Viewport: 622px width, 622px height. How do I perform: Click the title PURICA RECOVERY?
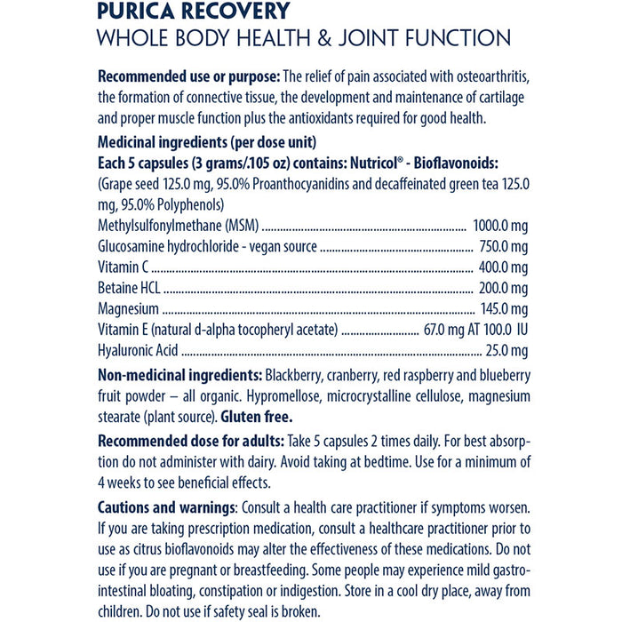[194, 12]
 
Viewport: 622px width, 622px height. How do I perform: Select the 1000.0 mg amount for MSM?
[500, 227]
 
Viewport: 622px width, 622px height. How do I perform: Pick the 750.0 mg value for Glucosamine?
[504, 247]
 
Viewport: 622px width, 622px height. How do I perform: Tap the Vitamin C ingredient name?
[123, 267]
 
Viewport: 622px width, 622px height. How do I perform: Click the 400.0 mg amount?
[504, 267]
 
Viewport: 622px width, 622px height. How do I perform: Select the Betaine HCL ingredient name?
[130, 288]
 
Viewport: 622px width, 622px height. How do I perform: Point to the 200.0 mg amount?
[504, 288]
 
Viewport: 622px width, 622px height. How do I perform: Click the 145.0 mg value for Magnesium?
[504, 308]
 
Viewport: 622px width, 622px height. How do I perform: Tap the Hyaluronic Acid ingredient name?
[138, 350]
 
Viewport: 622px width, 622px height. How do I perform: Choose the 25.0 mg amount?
[506, 350]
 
